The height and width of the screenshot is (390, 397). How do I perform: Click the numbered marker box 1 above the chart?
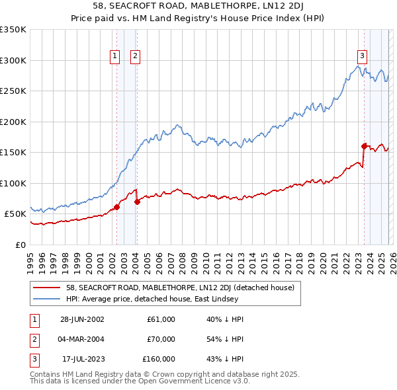pyautogui.click(x=115, y=57)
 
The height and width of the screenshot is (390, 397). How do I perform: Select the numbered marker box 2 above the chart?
pyautogui.click(x=135, y=57)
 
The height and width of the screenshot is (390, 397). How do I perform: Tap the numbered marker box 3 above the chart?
pyautogui.click(x=363, y=57)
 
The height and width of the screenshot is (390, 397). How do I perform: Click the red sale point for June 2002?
pyautogui.click(x=117, y=207)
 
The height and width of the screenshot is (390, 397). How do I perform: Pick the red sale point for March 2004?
pyautogui.click(x=137, y=202)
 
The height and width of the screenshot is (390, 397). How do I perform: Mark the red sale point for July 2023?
pyautogui.click(x=364, y=146)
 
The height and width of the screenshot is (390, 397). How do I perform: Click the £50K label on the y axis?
pyautogui.click(x=15, y=214)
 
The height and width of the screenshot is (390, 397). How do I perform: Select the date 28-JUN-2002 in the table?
pyautogui.click(x=82, y=319)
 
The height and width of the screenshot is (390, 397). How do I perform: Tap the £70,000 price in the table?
pyautogui.click(x=161, y=339)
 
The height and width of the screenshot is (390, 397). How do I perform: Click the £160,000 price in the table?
pyautogui.click(x=159, y=359)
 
